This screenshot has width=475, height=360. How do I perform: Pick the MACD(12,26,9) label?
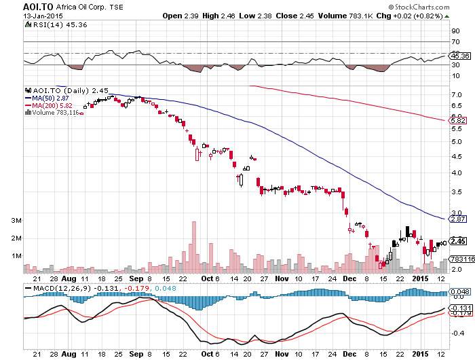(55, 289)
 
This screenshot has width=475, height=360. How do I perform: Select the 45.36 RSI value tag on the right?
(456, 56)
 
